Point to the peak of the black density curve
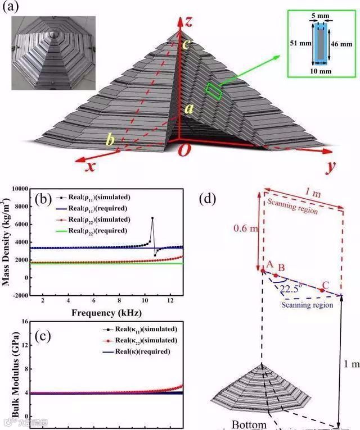coord(152,218)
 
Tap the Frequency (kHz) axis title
coord(106,312)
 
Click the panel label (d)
coord(209,199)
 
